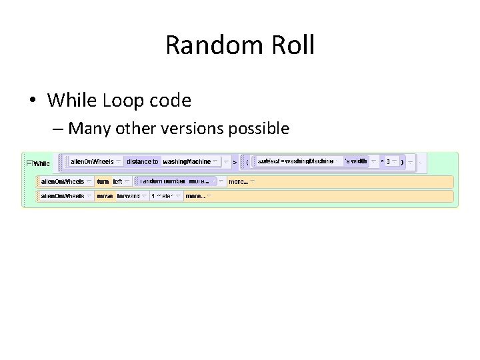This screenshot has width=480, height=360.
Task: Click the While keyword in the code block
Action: pos(41,163)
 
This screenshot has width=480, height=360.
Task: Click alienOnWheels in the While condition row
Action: pos(92,161)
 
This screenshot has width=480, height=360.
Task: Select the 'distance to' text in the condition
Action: pos(143,161)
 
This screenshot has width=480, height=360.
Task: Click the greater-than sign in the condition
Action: pos(235,162)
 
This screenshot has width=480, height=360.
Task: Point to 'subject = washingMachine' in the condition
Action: pos(296,161)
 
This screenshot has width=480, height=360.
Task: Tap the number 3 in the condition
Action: pos(388,162)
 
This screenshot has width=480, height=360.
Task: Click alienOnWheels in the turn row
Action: pos(63,181)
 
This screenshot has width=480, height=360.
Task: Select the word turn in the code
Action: pos(103,181)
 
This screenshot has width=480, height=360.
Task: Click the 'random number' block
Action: pos(163,181)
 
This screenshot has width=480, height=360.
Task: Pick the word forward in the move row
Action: pos(128,197)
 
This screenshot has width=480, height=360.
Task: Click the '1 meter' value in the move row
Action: pos(162,197)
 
